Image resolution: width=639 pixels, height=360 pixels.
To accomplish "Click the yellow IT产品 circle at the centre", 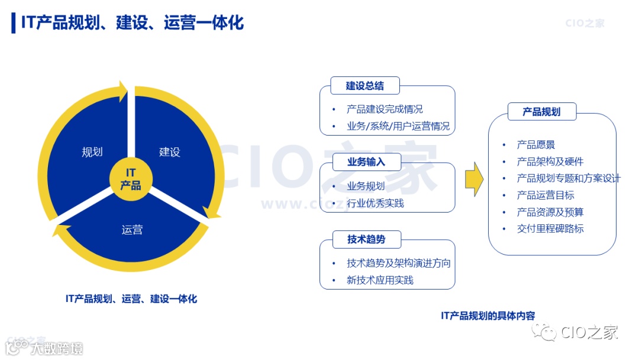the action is point(131,178).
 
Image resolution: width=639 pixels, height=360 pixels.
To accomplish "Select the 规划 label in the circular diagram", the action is point(92,152).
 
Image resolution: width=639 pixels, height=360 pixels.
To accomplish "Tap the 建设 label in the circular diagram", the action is point(170,152).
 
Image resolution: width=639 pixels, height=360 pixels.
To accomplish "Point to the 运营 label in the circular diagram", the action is point(132,230).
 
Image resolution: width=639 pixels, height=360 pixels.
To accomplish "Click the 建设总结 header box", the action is point(364,86).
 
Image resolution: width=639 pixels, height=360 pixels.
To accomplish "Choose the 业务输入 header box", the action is point(366,162).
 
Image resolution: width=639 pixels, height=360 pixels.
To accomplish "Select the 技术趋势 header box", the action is point(366,239).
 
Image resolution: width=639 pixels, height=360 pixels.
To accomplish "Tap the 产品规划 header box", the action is point(541,111).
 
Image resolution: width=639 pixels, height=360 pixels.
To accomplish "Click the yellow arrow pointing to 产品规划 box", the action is point(474,178).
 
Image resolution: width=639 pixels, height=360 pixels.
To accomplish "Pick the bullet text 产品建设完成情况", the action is point(385,109).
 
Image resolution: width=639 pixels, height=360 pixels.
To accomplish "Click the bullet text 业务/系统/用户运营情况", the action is point(398,126).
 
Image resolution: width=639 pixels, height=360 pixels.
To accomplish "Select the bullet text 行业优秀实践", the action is point(375,203).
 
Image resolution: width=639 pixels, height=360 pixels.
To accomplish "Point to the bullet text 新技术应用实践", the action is point(380,280).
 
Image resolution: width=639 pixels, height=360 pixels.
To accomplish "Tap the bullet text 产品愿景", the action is point(535,144).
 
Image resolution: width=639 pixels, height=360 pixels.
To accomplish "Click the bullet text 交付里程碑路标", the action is point(550,229).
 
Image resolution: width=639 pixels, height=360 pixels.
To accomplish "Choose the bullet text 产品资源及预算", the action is point(550,212).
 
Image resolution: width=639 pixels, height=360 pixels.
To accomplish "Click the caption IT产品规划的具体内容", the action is point(488,316).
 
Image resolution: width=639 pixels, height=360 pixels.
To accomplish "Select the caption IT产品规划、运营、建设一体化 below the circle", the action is point(131,299).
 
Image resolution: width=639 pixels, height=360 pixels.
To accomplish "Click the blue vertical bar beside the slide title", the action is point(14,22).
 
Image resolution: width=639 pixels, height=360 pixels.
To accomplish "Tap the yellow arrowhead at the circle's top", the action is point(122,91).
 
